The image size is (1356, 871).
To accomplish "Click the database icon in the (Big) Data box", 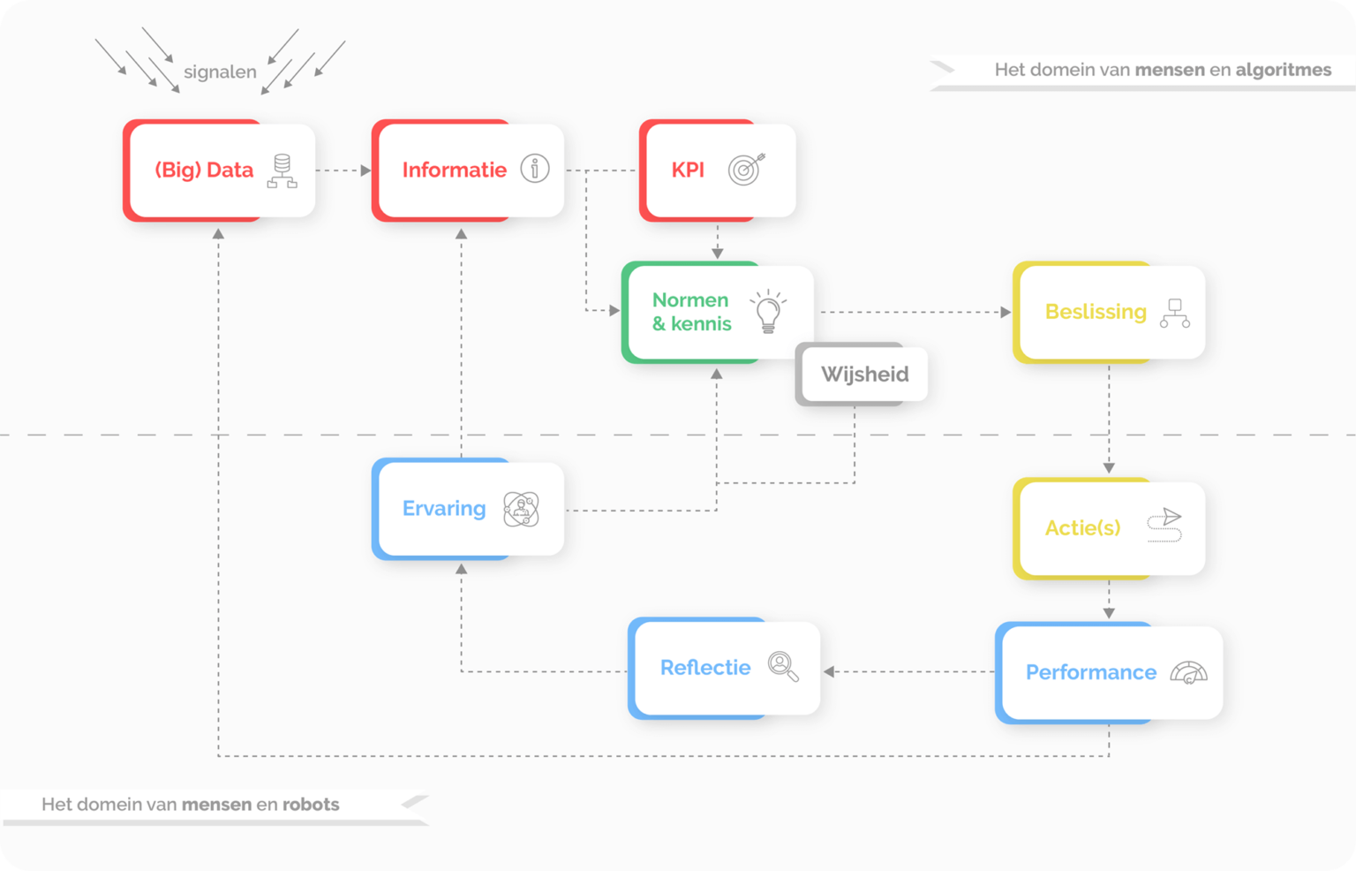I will (x=282, y=170).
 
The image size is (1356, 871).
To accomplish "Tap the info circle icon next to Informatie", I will (x=534, y=168).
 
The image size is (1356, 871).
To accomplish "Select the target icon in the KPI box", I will (x=746, y=169).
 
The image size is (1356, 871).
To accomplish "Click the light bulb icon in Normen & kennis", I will (x=768, y=311).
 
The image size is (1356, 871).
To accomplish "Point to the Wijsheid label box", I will (x=863, y=374).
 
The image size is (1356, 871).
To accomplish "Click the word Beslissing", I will (x=1096, y=312).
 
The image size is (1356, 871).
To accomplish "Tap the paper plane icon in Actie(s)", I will (x=1165, y=525).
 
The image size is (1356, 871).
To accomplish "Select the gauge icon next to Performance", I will (x=1188, y=672).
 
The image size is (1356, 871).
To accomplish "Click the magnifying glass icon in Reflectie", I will (x=783, y=666).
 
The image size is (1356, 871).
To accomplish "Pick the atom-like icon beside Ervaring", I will (x=521, y=509).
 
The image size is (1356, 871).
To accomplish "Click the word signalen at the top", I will (x=220, y=72).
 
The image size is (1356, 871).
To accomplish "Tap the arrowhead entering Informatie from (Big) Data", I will (x=365, y=170).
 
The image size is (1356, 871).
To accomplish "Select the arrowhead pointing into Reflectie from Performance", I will (x=829, y=671).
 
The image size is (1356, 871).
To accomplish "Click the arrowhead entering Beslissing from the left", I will (x=1006, y=312).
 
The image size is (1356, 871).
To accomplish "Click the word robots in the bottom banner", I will (x=311, y=804).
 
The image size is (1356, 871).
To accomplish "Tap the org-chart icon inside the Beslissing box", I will (x=1174, y=313).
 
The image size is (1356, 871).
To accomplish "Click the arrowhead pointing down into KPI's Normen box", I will (x=717, y=254).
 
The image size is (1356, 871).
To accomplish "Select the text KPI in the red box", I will (x=688, y=170).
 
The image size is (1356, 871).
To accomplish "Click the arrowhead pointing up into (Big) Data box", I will (x=218, y=234).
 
